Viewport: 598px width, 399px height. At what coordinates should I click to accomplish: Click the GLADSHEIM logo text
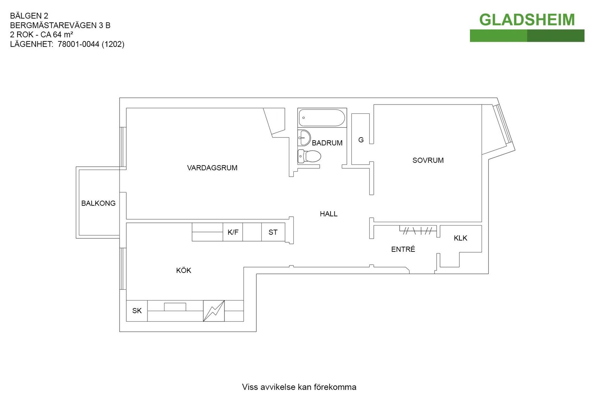527,20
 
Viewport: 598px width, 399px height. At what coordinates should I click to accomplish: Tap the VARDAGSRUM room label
212,168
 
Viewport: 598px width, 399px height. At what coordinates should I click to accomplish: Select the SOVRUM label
428,160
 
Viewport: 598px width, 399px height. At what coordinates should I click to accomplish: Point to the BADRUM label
327,143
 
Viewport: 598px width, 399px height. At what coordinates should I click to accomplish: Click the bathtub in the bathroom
322,118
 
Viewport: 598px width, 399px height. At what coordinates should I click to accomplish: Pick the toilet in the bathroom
309,156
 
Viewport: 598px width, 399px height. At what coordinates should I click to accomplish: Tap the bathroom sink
304,138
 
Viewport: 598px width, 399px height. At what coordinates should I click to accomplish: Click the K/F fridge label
233,232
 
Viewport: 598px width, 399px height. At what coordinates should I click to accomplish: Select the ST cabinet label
273,232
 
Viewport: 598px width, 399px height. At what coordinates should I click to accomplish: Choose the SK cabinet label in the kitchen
137,311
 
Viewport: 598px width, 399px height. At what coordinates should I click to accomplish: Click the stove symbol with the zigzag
214,311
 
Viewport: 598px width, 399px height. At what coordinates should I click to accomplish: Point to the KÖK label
184,270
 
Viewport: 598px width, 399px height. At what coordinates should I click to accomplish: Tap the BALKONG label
98,203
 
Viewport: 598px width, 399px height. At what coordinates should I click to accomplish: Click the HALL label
329,214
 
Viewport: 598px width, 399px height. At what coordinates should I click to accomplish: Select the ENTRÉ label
403,249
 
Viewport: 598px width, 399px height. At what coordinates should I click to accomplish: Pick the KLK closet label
460,238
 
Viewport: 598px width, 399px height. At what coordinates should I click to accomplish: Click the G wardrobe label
361,140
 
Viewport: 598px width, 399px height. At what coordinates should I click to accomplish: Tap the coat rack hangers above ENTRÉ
418,230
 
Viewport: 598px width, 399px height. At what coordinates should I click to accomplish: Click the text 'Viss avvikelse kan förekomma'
299,387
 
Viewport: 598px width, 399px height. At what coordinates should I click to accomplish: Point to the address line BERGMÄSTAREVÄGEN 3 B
60,25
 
